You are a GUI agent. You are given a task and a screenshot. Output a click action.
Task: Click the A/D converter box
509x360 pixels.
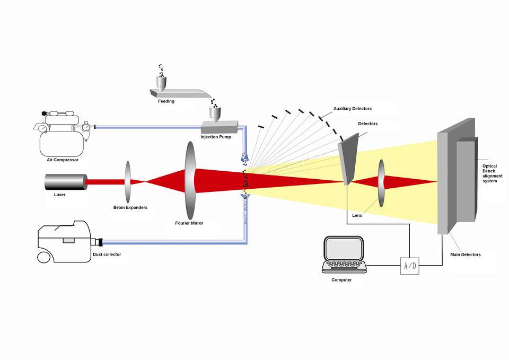coord(409,266)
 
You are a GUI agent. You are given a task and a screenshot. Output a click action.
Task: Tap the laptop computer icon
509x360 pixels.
coord(344,255)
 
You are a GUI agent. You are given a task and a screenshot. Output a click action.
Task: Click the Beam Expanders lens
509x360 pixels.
coord(128,181)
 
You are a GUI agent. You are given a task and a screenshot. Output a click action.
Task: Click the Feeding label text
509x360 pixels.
coord(166,101)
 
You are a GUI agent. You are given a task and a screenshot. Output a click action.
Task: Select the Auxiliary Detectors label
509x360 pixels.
coord(352,109)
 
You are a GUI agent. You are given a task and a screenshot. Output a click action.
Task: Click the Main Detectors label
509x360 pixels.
coord(465,254)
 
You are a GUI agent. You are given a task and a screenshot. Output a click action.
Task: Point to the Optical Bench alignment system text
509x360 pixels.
coord(490,173)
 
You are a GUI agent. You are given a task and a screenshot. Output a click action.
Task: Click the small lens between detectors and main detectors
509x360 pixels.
coord(381,182)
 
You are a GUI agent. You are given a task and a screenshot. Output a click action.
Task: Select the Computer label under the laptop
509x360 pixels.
coord(341,279)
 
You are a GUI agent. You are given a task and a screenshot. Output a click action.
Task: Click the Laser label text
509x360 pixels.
coord(60,195)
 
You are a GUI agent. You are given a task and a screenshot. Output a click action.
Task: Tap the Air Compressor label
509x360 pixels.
coord(63,160)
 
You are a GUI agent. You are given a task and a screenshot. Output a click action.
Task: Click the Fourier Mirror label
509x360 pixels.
coord(189,223)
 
